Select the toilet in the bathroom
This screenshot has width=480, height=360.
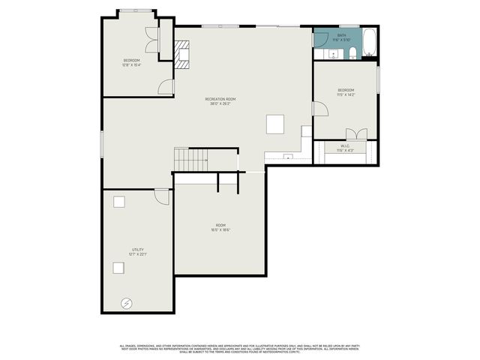[x=352, y=52]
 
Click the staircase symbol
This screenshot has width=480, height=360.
[x=190, y=159]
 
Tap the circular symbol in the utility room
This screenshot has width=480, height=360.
[x=127, y=302]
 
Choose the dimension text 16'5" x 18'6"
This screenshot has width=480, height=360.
[x=220, y=230]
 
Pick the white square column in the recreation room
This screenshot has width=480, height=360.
[x=275, y=123]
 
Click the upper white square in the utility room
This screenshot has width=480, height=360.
[x=118, y=201]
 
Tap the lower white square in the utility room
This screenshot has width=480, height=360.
[x=118, y=267]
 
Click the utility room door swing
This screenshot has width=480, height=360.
[x=162, y=196]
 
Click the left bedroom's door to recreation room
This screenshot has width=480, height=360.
[x=166, y=87]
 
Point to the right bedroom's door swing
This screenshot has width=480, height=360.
[x=319, y=109]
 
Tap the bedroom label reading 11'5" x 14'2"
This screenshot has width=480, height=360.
[x=345, y=93]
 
